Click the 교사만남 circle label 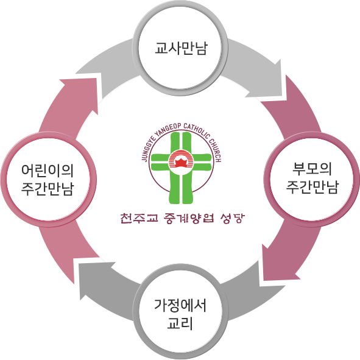pyautogui.click(x=181, y=48)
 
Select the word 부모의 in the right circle pyautogui.click(x=312, y=169)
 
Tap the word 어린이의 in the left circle pyautogui.click(x=48, y=171)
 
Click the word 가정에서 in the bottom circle pyautogui.click(x=180, y=306)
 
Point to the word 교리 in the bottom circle pyautogui.click(x=180, y=323)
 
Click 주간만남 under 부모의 pyautogui.click(x=312, y=187)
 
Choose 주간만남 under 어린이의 pyautogui.click(x=48, y=188)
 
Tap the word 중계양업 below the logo pyautogui.click(x=189, y=218)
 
